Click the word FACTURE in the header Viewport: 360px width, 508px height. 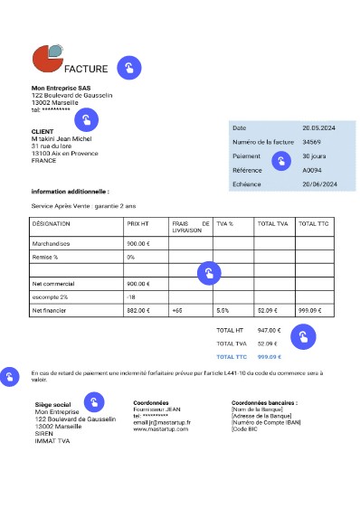pos(87,69)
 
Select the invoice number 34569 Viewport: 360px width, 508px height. pos(311,142)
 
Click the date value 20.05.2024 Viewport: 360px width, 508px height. pos(318,128)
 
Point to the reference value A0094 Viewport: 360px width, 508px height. pos(311,170)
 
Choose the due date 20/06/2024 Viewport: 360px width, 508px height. pos(319,184)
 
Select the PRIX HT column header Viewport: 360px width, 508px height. pos(138,223)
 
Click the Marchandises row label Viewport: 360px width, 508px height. pos(52,243)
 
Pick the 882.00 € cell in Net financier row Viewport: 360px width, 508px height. pos(138,310)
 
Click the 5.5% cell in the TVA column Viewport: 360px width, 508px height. pos(223,310)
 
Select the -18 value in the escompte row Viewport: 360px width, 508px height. pos(131,296)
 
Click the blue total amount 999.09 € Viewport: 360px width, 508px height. pos(270,356)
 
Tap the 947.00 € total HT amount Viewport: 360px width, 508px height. pos(270,330)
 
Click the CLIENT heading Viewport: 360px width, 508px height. pos(43,131)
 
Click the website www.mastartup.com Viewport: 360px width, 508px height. pos(161,428)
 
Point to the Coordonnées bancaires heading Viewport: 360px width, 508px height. pos(265,402)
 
